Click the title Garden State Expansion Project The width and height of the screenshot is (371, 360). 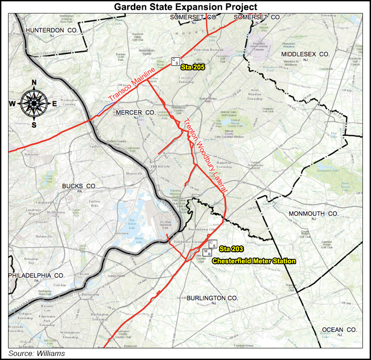click(185, 7)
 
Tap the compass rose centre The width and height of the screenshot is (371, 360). click(34, 103)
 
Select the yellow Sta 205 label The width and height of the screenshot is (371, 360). click(193, 67)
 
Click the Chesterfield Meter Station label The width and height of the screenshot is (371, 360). click(254, 261)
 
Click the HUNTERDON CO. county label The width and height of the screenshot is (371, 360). click(52, 30)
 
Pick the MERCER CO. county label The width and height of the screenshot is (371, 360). click(135, 112)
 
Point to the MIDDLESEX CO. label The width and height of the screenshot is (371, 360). click(305, 54)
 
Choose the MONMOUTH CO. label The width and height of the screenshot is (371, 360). click(313, 214)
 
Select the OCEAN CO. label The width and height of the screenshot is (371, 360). click(340, 330)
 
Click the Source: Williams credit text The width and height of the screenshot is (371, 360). click(37, 354)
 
